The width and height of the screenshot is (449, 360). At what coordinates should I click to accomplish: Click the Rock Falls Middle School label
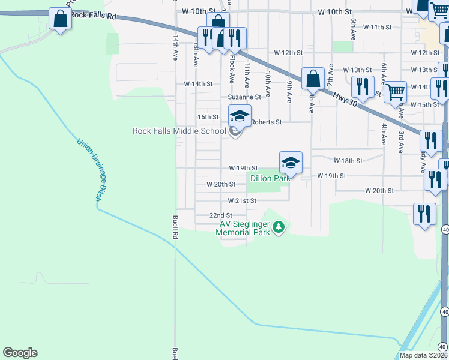179,131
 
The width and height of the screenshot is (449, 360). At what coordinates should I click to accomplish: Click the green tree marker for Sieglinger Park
278,227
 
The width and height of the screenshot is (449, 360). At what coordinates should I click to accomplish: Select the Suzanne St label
244,97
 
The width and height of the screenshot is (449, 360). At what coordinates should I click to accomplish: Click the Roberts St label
267,122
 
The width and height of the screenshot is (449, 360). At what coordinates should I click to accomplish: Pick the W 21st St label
242,200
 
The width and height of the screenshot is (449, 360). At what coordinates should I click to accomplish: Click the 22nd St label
220,215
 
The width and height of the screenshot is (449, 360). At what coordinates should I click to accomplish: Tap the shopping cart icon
395,92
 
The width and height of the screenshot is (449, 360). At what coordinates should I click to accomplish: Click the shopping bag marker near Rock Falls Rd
61,19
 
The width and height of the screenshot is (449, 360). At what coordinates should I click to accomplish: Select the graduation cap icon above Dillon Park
290,163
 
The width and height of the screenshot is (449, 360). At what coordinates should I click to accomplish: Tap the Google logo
20,353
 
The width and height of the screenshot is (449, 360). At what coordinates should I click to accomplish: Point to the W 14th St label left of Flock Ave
198,84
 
